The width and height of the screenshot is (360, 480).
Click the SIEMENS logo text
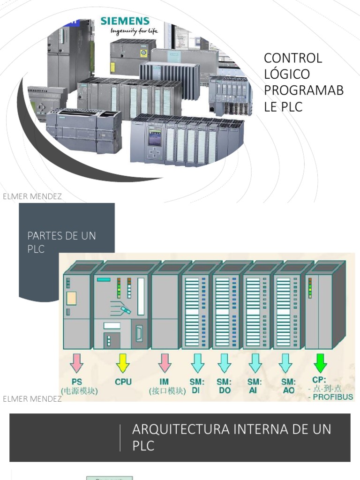[x=125, y=21]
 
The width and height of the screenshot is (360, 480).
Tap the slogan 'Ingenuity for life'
[x=134, y=31]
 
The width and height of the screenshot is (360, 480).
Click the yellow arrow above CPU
[x=123, y=362]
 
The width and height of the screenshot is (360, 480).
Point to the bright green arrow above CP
[x=321, y=362]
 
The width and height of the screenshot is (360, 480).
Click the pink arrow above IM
[x=164, y=363]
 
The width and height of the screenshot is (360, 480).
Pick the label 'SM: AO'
[x=288, y=385]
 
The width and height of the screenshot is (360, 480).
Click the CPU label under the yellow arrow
[x=124, y=382]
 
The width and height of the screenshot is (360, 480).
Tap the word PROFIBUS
[x=334, y=397]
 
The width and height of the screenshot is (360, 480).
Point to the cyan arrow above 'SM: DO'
[x=225, y=363]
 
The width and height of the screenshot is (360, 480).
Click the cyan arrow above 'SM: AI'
[x=255, y=363]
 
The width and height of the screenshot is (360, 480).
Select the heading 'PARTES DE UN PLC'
[x=61, y=242]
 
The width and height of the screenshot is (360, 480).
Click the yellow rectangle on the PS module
[x=71, y=298]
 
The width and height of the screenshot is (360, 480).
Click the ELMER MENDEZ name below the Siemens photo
[x=32, y=196]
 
